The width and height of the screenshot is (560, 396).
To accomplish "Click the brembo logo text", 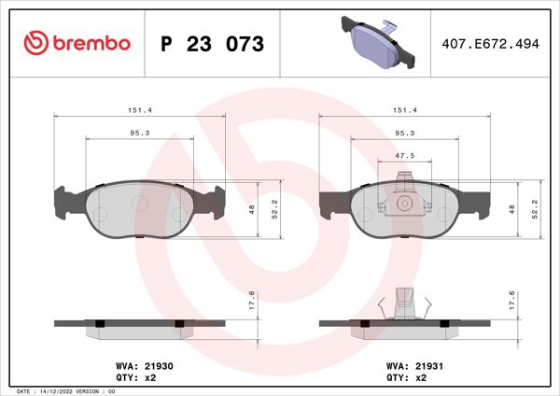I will (x=89, y=43).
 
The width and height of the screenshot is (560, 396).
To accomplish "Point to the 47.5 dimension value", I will (x=405, y=157).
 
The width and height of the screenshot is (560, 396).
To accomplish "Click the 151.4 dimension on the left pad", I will (x=140, y=109).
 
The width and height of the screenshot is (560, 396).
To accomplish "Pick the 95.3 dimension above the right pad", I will (x=405, y=133).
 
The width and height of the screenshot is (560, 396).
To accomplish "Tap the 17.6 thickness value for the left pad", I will (x=251, y=301).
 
